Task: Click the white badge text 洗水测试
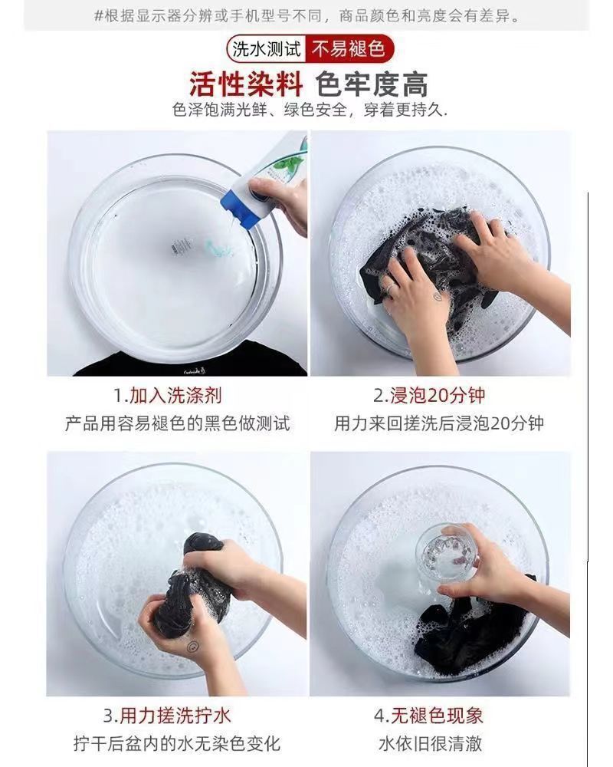point(267,49)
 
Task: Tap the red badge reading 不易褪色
point(349,49)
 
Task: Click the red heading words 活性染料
point(246,84)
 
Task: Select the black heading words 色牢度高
point(372,84)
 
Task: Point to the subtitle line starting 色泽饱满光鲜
point(310,110)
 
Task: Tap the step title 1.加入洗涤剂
point(168,395)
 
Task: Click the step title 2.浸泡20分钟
point(428,395)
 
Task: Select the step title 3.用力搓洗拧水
point(167,716)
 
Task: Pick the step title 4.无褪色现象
point(428,716)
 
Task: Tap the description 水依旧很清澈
point(430,743)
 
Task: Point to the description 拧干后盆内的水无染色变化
point(177,743)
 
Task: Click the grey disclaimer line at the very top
point(307,16)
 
